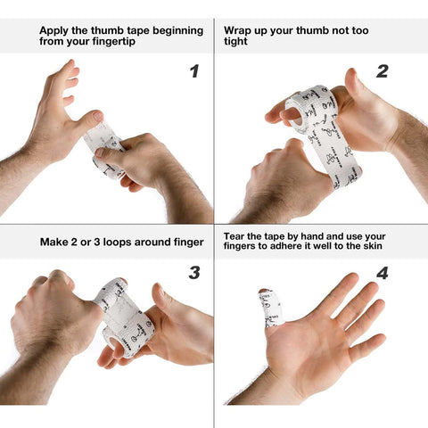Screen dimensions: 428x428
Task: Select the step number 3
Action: (193, 273)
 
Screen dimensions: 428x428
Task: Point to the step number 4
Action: (382, 273)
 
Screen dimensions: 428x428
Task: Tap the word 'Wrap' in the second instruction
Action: (240, 29)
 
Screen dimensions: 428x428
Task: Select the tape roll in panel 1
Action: (106, 147)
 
